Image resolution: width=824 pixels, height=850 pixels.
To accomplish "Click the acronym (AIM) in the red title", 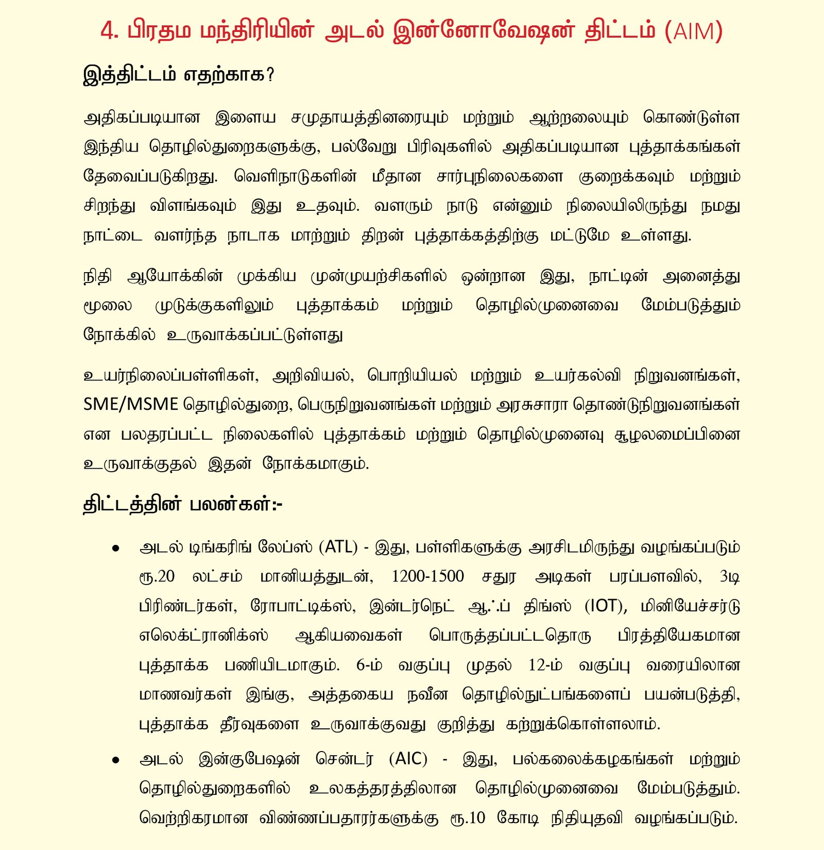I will (x=694, y=31).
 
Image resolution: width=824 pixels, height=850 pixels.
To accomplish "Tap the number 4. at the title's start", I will (x=110, y=31).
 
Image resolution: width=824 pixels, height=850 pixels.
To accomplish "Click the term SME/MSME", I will (x=131, y=404).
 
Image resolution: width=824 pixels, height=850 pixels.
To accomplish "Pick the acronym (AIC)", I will (x=408, y=759).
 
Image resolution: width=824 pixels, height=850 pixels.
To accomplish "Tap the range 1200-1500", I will (x=428, y=576).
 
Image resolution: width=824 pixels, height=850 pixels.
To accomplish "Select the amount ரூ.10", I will (x=467, y=818).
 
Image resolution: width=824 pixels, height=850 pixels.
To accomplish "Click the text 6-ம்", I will (x=369, y=665).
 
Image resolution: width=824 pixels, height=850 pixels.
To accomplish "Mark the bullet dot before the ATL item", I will (x=116, y=548).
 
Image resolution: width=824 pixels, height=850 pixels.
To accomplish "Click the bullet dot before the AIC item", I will (x=116, y=760).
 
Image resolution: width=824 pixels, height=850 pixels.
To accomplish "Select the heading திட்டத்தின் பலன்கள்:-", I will (x=183, y=504).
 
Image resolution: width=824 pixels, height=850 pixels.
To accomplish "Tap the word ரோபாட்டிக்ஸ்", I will (x=303, y=606).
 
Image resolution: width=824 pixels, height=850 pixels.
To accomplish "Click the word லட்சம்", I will (x=217, y=576).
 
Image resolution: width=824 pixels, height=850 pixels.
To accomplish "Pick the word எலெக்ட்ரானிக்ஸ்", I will (x=203, y=636).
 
